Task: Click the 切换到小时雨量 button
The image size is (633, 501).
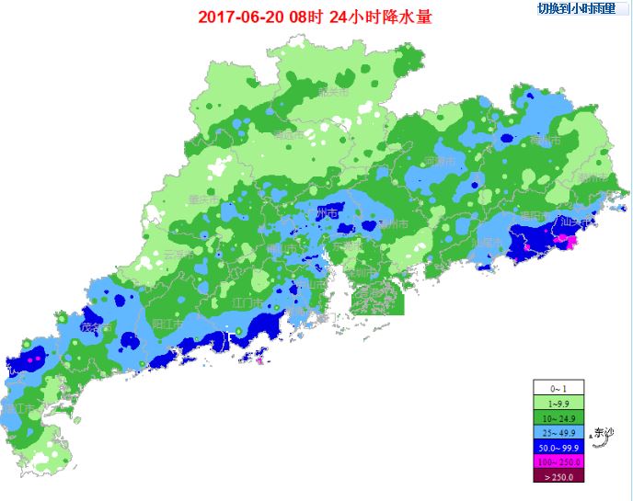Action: (x=581, y=8)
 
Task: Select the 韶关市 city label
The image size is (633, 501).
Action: (x=333, y=92)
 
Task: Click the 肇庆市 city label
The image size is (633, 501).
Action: (x=203, y=199)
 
